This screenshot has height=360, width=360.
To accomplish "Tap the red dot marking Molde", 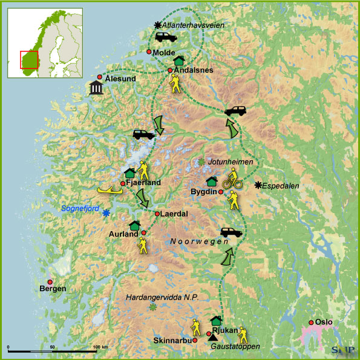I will pyautogui.click(x=149, y=52).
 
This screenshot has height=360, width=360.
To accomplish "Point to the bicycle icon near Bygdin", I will pyautogui.click(x=231, y=179).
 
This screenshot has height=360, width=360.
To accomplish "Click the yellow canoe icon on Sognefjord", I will pyautogui.click(x=110, y=191).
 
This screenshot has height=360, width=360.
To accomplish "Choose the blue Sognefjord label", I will pyautogui.click(x=82, y=208).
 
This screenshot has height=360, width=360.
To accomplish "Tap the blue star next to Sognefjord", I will pyautogui.click(x=106, y=213).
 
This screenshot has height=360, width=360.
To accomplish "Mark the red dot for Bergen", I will pyautogui.click(x=50, y=282).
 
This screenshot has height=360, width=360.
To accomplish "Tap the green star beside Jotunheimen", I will pyautogui.click(x=201, y=162).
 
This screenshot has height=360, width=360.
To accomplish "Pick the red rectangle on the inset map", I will pyautogui.click(x=29, y=59).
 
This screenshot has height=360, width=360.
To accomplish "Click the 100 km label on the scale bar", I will pyautogui.click(x=100, y=347).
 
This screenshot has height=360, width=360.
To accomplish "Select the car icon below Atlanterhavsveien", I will pyautogui.click(x=165, y=38).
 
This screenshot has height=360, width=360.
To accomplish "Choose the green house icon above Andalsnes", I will pyautogui.click(x=178, y=61).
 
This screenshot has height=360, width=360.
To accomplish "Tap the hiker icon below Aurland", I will pyautogui.click(x=142, y=245).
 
